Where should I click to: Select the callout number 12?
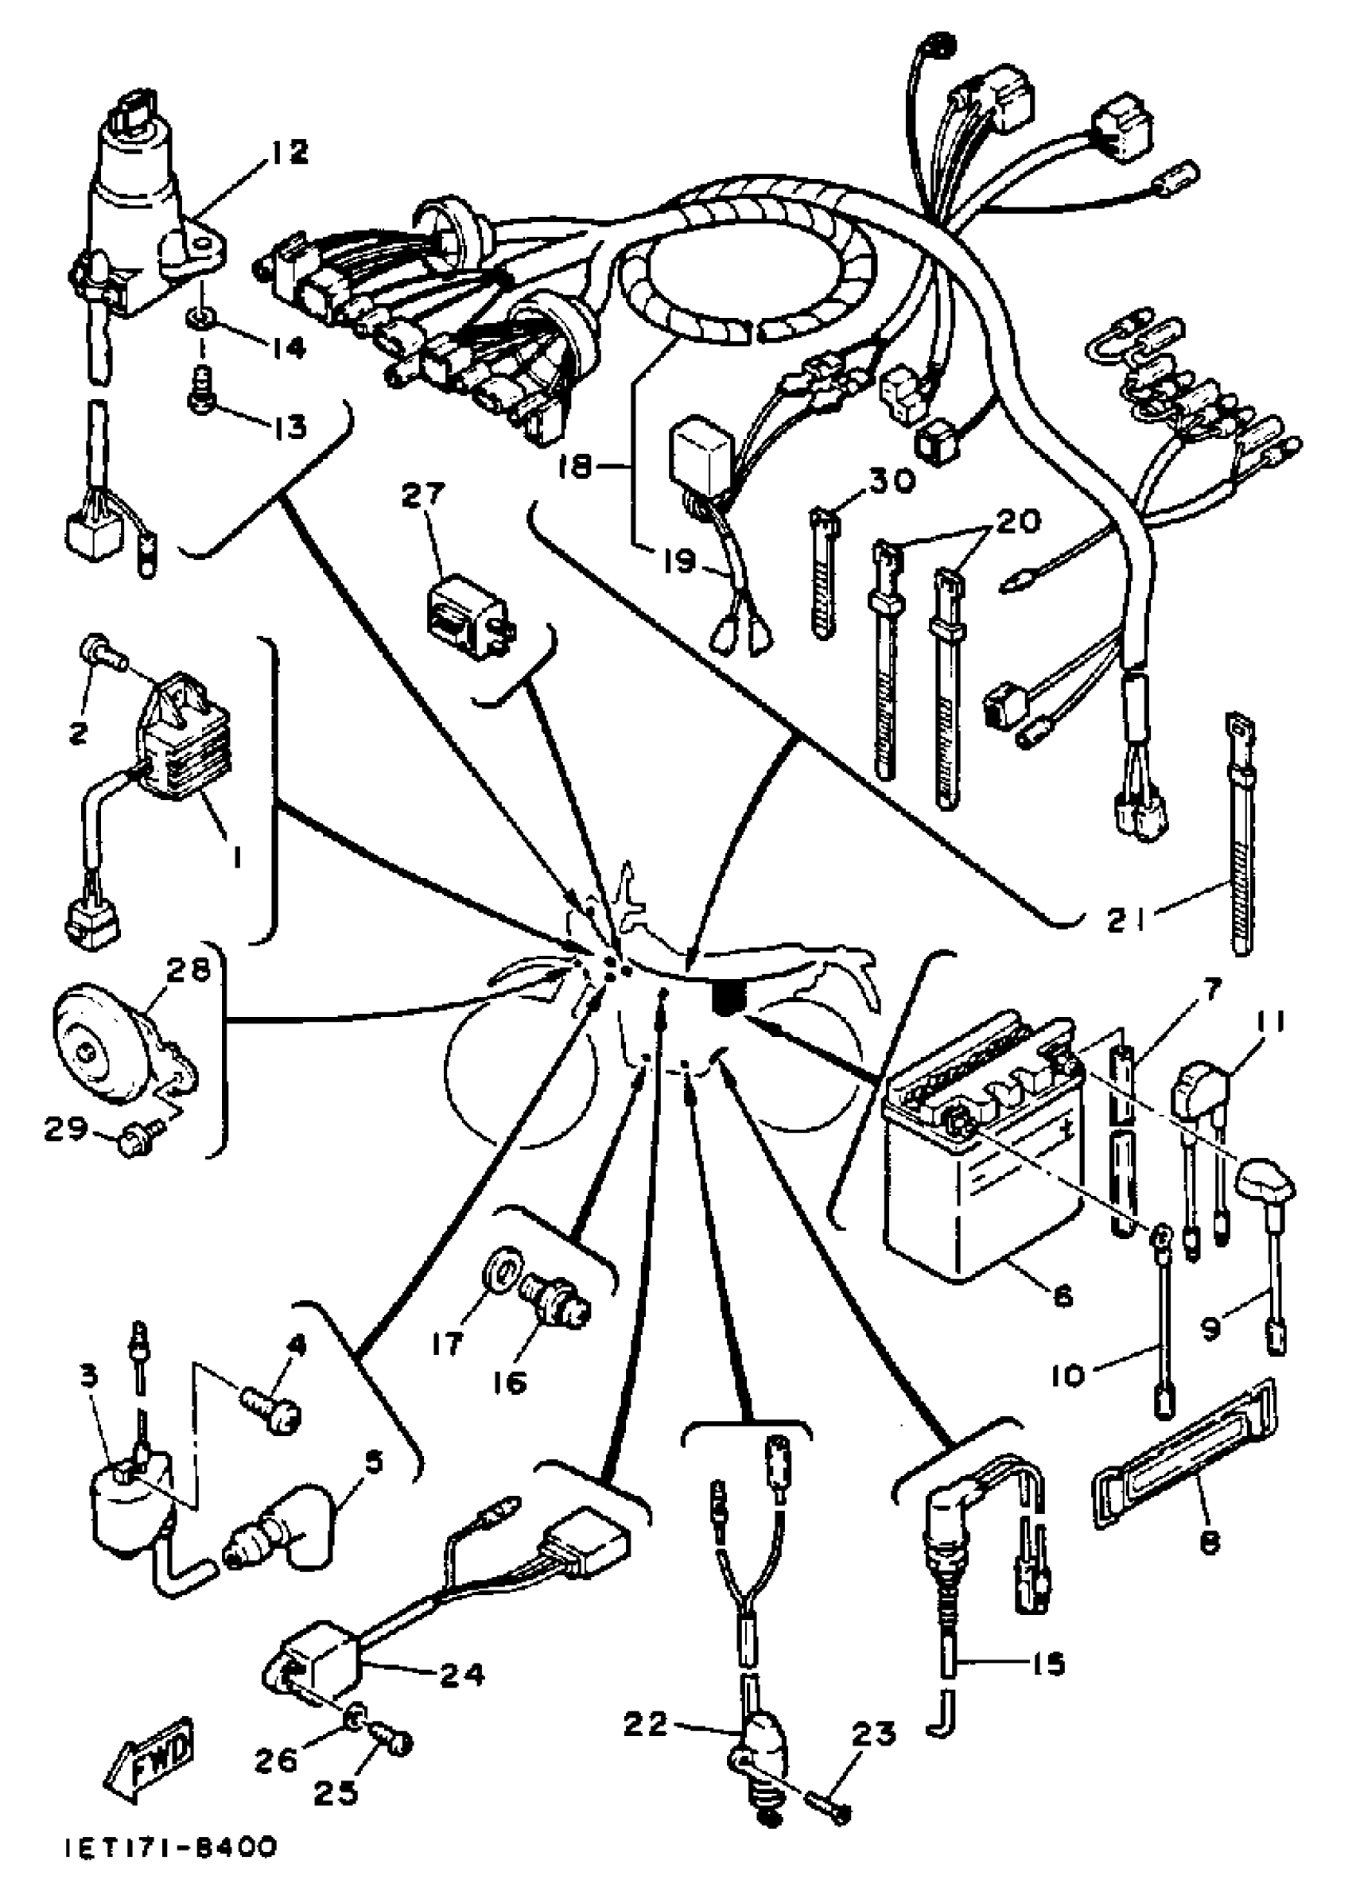click(x=287, y=153)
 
